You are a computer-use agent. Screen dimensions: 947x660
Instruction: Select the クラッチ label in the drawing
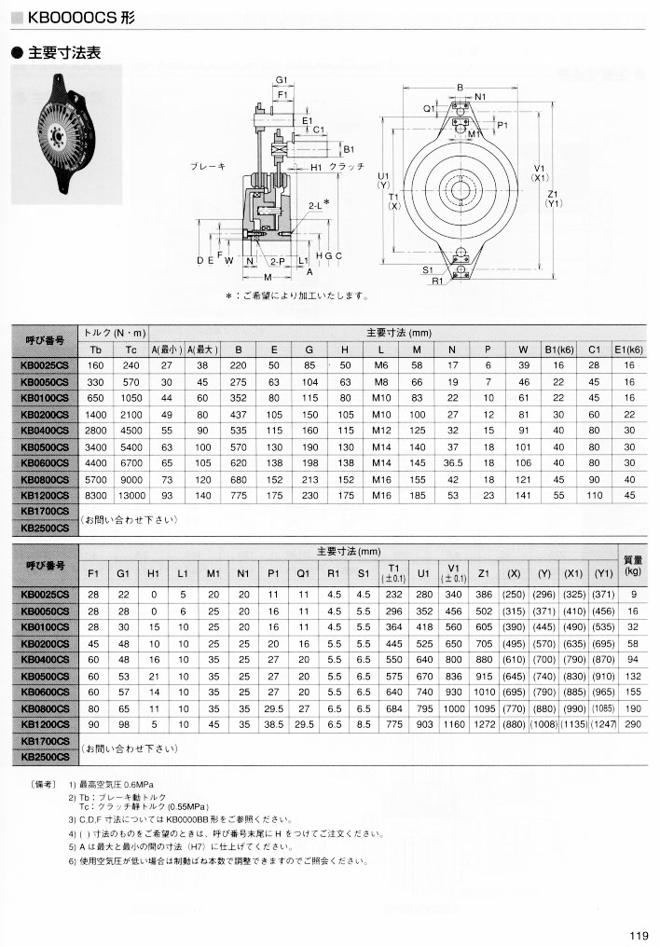tap(346, 166)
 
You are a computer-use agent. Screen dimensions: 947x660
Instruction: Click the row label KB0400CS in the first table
tap(45, 430)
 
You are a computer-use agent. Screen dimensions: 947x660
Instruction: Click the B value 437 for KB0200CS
tap(238, 414)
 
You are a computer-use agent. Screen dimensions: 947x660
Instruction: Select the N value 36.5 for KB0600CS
tap(453, 462)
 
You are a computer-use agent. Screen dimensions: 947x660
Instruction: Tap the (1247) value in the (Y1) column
tap(603, 723)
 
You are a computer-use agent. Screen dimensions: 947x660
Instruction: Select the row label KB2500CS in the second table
tap(45, 757)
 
